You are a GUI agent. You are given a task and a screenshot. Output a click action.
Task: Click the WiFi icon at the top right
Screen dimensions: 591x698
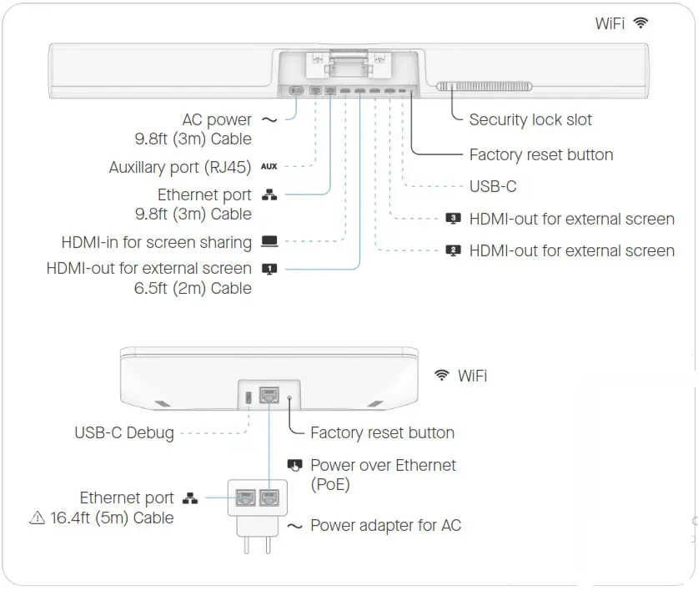click(640, 23)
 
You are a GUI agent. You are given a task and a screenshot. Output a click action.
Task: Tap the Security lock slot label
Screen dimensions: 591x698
click(530, 120)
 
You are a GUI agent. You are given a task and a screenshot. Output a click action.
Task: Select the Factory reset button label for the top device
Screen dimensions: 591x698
click(540, 154)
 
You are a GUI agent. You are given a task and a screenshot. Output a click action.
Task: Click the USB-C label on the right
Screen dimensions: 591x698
click(493, 187)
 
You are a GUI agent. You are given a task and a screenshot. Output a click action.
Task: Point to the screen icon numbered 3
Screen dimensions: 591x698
click(454, 219)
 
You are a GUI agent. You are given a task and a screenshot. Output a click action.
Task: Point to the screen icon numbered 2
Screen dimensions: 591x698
click(454, 250)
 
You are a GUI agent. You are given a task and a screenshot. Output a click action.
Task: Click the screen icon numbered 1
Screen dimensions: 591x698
click(269, 269)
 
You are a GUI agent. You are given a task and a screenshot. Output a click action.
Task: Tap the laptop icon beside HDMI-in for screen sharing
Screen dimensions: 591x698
click(269, 242)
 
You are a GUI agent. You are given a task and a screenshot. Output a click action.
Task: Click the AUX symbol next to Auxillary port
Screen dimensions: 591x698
click(269, 167)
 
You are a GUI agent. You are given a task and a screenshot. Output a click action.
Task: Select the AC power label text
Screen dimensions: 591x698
click(217, 120)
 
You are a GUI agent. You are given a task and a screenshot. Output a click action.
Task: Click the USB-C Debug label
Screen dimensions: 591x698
click(124, 432)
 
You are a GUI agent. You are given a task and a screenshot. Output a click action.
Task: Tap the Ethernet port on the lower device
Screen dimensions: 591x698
click(270, 396)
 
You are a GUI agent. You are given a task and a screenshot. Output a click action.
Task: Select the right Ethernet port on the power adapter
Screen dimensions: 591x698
click(270, 498)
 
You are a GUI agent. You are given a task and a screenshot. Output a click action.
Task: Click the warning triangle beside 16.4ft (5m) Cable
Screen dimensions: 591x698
click(37, 518)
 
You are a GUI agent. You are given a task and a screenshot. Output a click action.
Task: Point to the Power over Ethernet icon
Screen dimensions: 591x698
click(294, 465)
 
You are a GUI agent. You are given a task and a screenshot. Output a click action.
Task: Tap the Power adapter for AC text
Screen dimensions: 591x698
click(384, 526)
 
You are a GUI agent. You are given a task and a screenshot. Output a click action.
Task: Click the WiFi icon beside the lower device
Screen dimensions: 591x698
click(442, 376)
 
